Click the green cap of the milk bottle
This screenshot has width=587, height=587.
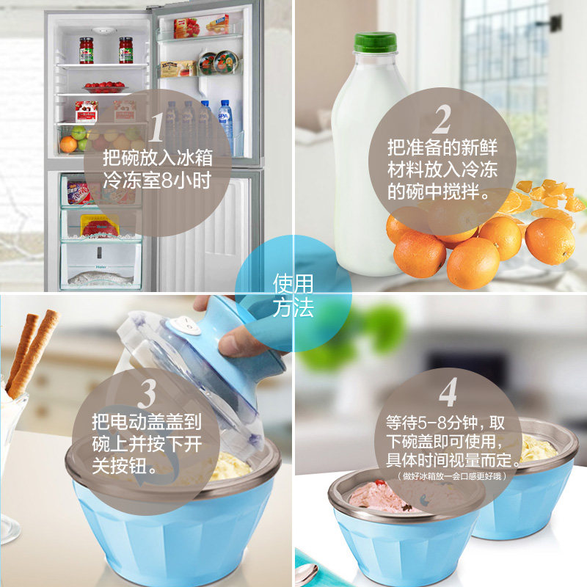pyautogui.click(x=375, y=43)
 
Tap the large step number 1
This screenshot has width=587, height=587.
pyautogui.click(x=157, y=128)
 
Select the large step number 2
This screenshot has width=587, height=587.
pyautogui.click(x=442, y=120)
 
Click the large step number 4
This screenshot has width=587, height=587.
pyautogui.click(x=448, y=392)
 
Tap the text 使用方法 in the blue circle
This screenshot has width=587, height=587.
pyautogui.click(x=293, y=295)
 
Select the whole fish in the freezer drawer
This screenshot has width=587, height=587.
pyautogui.click(x=101, y=279)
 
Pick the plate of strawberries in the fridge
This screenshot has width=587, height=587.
pyautogui.click(x=104, y=87)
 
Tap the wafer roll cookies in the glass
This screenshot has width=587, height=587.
pyautogui.click(x=31, y=352)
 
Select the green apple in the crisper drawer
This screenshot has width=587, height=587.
pyautogui.click(x=79, y=133)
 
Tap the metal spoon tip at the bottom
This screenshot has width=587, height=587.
pyautogui.click(x=307, y=575)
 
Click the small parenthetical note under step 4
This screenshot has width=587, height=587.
pyautogui.click(x=452, y=476)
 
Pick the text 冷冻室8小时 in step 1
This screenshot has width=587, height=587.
pyautogui.click(x=157, y=180)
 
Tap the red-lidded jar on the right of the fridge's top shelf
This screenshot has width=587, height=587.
pyautogui.click(x=125, y=50)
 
